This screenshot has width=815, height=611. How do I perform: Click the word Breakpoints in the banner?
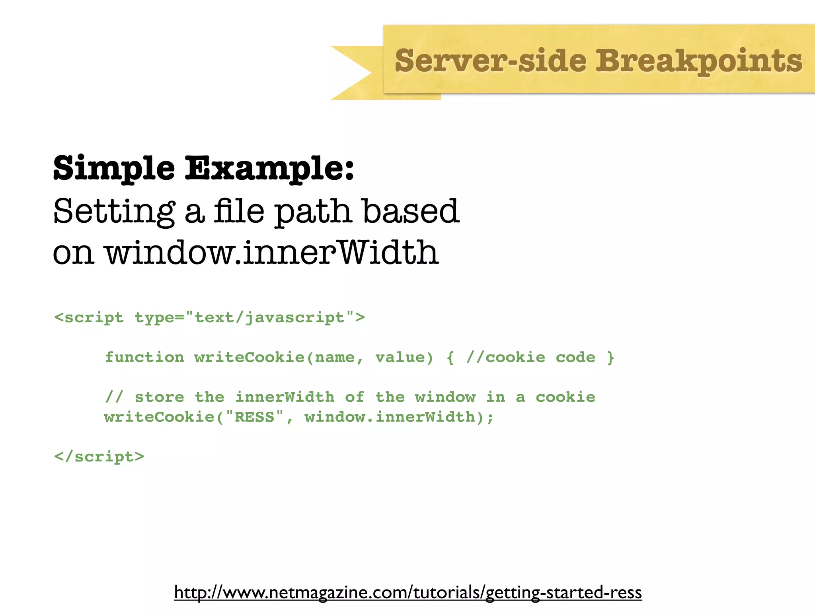(698, 61)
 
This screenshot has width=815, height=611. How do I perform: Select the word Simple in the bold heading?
(114, 169)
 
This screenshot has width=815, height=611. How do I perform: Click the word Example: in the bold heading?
(269, 169)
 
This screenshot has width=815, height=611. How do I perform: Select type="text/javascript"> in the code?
(250, 317)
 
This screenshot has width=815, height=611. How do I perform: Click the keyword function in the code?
(144, 357)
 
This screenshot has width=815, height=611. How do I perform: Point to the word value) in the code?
(404, 357)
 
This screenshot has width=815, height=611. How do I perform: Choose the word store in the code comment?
(159, 397)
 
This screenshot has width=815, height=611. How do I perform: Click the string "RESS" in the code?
(255, 417)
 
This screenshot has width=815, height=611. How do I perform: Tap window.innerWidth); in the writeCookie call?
(399, 417)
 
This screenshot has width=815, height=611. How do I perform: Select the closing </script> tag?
(99, 457)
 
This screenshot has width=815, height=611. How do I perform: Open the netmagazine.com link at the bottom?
(408, 592)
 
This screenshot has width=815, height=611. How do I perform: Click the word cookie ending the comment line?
(565, 397)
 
